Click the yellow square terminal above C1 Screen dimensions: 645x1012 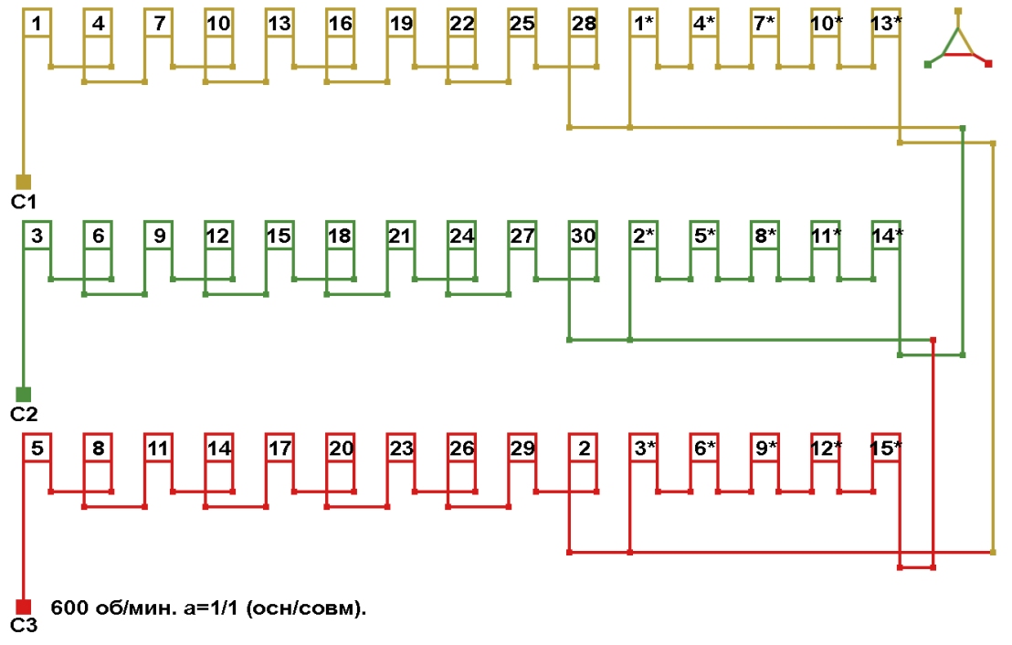[x=24, y=181]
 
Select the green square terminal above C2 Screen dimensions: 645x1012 [x=24, y=394]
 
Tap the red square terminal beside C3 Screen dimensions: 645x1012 [x=24, y=606]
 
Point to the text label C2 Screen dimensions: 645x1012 [x=24, y=414]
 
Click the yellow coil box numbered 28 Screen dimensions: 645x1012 [x=583, y=24]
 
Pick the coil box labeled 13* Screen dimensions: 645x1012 [x=886, y=24]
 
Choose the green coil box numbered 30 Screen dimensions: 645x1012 [x=583, y=236]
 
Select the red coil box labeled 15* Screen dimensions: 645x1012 [x=886, y=448]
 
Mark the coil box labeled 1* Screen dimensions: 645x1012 [x=643, y=24]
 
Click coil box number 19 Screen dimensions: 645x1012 [x=400, y=24]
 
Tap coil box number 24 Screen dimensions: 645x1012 [x=461, y=236]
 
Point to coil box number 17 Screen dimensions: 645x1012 [x=279, y=448]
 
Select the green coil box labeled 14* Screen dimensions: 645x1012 [x=886, y=236]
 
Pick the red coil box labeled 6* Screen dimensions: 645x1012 [x=704, y=448]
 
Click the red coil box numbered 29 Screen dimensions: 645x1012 [x=522, y=448]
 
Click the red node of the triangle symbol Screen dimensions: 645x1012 [x=988, y=63]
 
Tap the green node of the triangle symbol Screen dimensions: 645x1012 [x=928, y=63]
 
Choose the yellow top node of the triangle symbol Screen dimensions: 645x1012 [x=958, y=11]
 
